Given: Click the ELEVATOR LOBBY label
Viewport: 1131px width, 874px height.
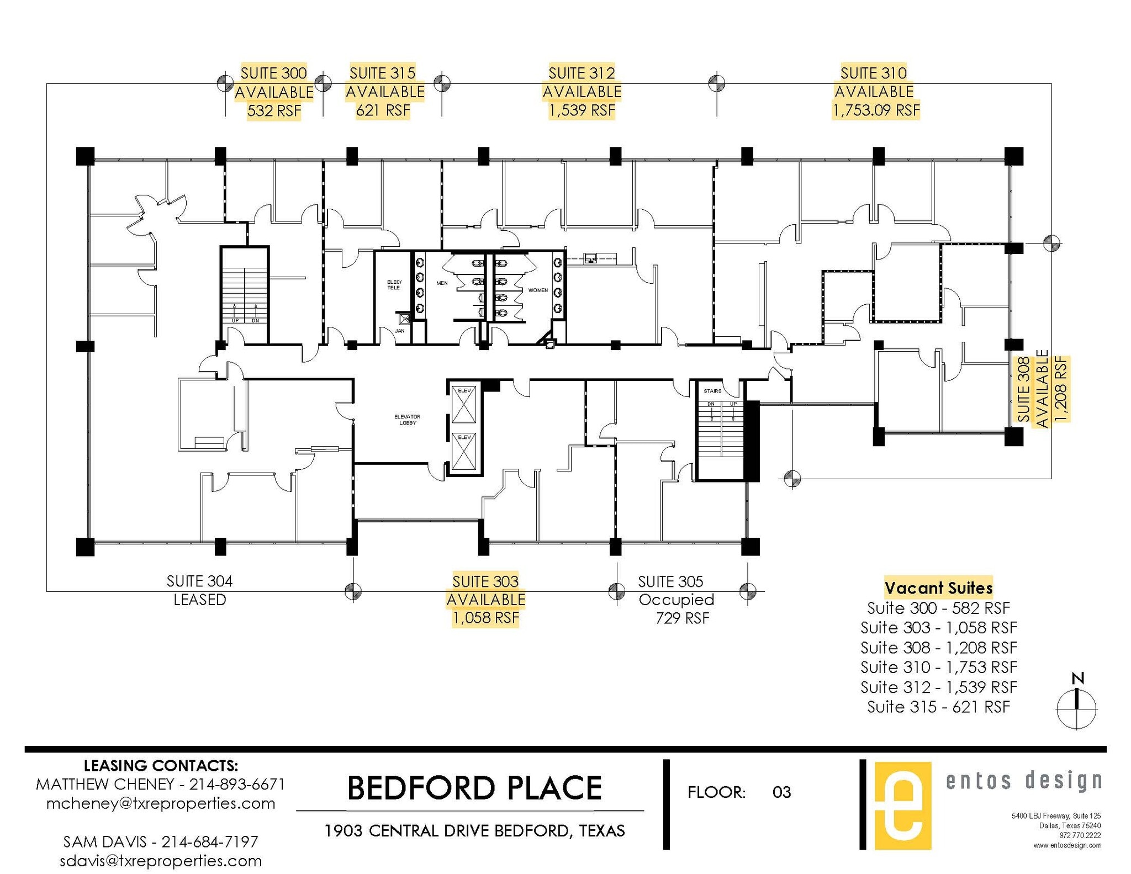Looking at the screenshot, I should [407, 420].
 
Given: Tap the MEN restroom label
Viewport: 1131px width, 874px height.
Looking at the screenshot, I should [442, 283].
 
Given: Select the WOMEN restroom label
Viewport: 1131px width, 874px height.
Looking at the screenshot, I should [538, 290].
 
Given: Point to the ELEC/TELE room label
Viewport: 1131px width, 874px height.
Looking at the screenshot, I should [394, 285].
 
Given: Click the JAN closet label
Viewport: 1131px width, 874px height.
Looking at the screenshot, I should [400, 331].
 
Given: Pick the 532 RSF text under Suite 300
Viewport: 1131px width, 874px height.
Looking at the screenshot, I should [274, 111].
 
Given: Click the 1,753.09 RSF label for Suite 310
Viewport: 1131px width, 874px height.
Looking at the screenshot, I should [876, 110].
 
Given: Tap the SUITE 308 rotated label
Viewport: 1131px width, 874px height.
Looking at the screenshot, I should [1024, 389].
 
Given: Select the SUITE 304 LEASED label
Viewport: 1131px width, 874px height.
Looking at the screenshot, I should [199, 590].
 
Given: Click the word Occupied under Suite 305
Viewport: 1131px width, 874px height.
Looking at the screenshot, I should [676, 600].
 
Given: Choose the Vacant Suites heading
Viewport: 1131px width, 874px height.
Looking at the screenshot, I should [938, 587].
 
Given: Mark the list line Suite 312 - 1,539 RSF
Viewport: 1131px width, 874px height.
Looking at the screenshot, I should [938, 687].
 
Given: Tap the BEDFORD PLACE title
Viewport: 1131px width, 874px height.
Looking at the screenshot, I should [474, 788].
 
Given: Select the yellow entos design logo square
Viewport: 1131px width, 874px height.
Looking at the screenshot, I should [902, 806].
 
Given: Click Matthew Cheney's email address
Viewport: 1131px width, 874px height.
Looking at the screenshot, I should [160, 803].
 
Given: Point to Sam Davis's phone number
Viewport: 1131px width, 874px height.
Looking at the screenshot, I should [210, 841].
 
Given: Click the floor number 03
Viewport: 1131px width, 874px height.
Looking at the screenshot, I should [781, 793].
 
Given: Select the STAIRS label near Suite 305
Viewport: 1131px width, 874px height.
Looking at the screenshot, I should [712, 391].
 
